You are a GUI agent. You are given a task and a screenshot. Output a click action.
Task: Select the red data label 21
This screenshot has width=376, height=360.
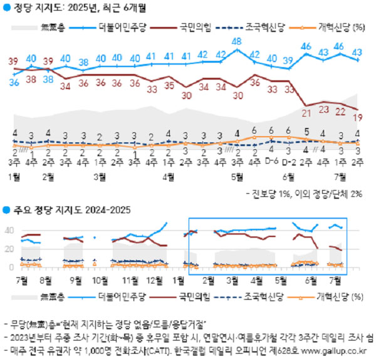(306, 114)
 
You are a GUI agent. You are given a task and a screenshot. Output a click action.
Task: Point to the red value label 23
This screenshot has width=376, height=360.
(324, 110)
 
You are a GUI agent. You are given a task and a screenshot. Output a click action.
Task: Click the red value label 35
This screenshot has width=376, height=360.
(169, 85)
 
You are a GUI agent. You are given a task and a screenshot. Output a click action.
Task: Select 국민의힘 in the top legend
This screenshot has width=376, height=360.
(194, 27)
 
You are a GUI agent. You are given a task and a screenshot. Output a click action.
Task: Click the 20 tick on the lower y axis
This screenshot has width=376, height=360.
(9, 249)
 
